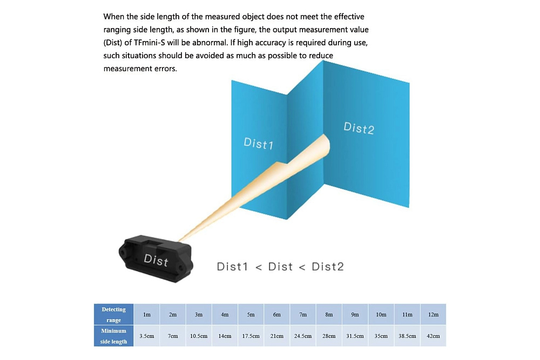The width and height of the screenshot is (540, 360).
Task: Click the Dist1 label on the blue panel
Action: click(258, 143)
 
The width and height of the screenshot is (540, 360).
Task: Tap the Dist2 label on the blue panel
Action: click(359, 128)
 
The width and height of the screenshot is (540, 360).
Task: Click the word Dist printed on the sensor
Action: click(156, 260)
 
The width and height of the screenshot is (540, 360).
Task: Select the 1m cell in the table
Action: click(147, 314)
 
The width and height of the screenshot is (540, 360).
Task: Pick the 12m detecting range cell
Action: click(433, 314)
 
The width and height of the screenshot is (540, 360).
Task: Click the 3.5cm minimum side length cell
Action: click(147, 336)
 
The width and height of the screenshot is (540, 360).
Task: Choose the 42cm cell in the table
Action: click(433, 336)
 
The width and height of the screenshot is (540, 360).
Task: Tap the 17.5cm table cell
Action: click(251, 336)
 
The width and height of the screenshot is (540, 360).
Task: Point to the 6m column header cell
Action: click(277, 314)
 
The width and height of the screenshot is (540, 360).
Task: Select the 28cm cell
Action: click(329, 336)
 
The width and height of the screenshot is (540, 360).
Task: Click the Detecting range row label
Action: click(113, 314)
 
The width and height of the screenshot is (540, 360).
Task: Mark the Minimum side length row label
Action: click(113, 336)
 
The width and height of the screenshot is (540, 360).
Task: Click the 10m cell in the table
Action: click(381, 314)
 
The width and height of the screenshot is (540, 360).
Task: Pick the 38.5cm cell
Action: click(407, 336)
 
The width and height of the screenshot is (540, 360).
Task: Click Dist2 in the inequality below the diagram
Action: click(328, 267)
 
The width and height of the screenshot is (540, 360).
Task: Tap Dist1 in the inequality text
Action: click(232, 267)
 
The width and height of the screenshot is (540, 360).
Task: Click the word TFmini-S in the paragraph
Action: click(150, 43)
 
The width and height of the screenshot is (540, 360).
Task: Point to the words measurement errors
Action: click(140, 69)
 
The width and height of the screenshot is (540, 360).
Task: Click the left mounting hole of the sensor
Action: click(122, 252)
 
